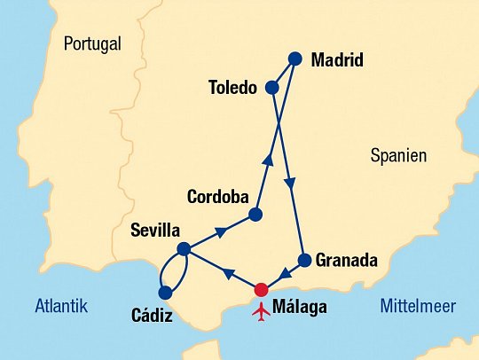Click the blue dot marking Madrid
coord(295,59)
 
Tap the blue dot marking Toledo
coord(272,89)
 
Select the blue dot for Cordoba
coord(255,215)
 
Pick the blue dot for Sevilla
coord(184,249)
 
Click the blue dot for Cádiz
coord(164,292)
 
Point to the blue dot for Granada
coord(304,261)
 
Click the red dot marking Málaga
coord(261,289)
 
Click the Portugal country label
coord(92,43)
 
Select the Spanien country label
coord(398,156)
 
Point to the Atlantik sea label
coord(61,307)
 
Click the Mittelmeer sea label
coord(418,307)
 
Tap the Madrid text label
coord(338,61)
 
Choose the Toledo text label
coord(232,89)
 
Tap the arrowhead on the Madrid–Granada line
coord(290,184)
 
